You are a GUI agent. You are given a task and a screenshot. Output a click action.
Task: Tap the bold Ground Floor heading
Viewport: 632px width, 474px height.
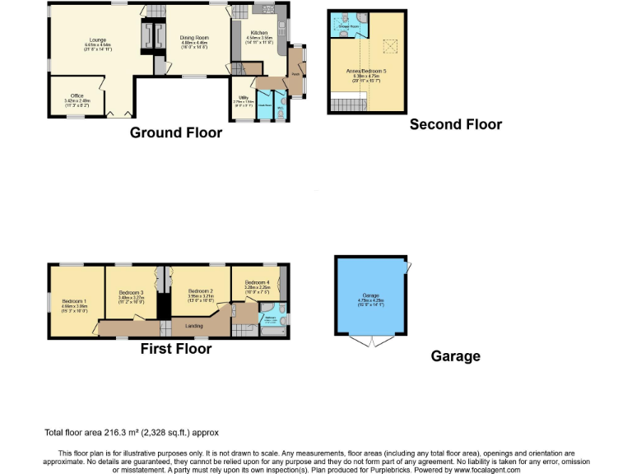(x=176, y=132)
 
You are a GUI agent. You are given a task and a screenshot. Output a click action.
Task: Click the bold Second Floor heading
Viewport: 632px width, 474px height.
(x=455, y=124)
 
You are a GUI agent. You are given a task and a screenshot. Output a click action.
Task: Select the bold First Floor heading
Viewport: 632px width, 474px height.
(x=176, y=349)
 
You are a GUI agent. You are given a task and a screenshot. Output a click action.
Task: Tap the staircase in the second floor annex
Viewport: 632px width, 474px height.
(x=349, y=105)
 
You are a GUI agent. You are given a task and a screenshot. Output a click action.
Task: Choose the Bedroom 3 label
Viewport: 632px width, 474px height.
(x=131, y=292)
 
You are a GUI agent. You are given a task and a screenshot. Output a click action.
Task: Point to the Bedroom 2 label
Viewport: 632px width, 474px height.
(x=201, y=291)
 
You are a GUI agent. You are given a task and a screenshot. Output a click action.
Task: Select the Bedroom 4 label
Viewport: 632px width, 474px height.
(x=258, y=282)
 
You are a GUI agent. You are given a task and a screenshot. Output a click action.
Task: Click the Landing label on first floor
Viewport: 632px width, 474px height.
(x=193, y=327)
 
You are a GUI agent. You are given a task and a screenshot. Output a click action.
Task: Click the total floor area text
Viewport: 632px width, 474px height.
(x=132, y=432)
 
